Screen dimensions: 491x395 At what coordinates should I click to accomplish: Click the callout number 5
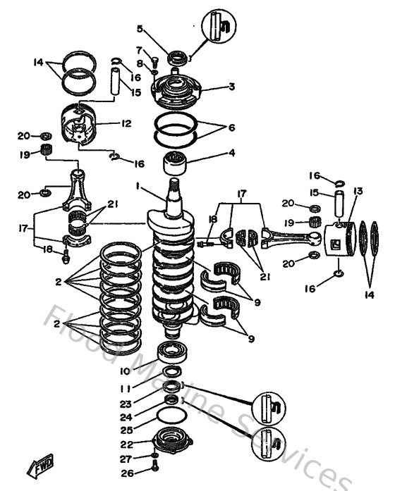point(139,29)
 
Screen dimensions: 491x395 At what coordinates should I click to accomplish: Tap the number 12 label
point(126,123)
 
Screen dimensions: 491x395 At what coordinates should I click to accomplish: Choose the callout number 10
point(124,371)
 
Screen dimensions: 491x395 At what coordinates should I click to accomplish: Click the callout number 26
point(126,473)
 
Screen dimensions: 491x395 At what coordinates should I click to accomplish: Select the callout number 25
point(126,429)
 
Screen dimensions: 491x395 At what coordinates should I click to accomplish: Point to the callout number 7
point(139,50)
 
